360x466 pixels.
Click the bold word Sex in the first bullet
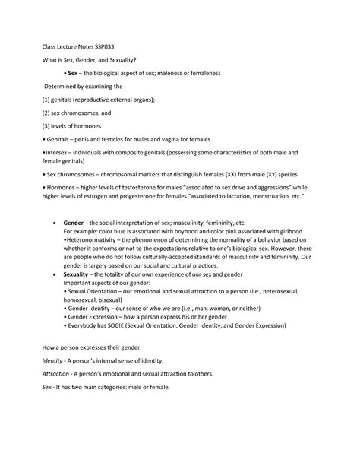click(x=73, y=74)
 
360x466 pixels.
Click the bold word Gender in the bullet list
click(x=74, y=223)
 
